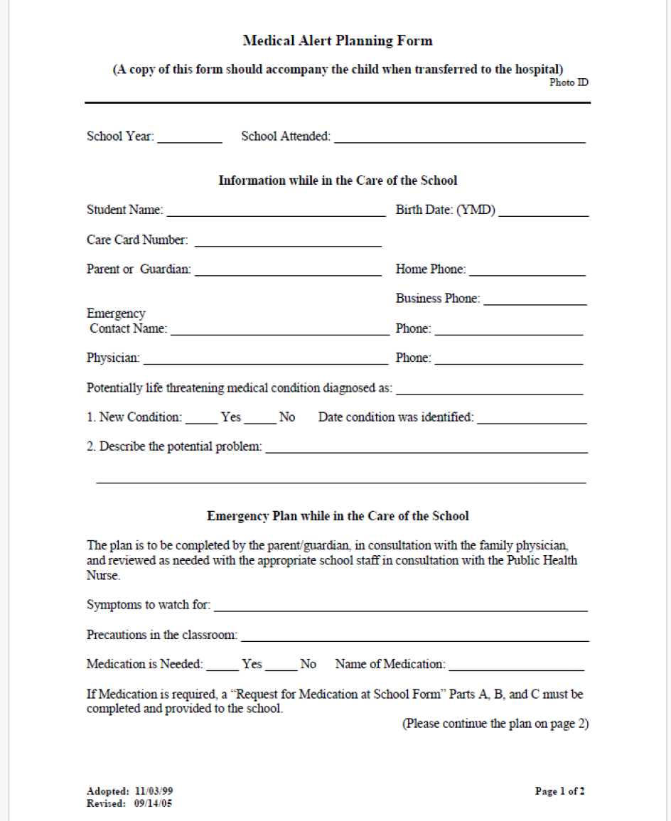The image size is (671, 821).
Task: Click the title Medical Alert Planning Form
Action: [338, 41]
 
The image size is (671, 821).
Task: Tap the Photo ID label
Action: [569, 82]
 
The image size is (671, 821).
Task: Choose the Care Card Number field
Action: [288, 242]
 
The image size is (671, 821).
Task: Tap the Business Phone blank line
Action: [535, 301]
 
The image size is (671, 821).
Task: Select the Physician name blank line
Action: [265, 360]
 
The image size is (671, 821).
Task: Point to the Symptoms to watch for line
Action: [400, 608]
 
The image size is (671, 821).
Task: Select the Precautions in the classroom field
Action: [414, 638]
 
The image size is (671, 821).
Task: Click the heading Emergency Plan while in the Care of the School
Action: [338, 516]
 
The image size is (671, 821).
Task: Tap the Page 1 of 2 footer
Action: [559, 790]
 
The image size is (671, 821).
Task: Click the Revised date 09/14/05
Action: [153, 803]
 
